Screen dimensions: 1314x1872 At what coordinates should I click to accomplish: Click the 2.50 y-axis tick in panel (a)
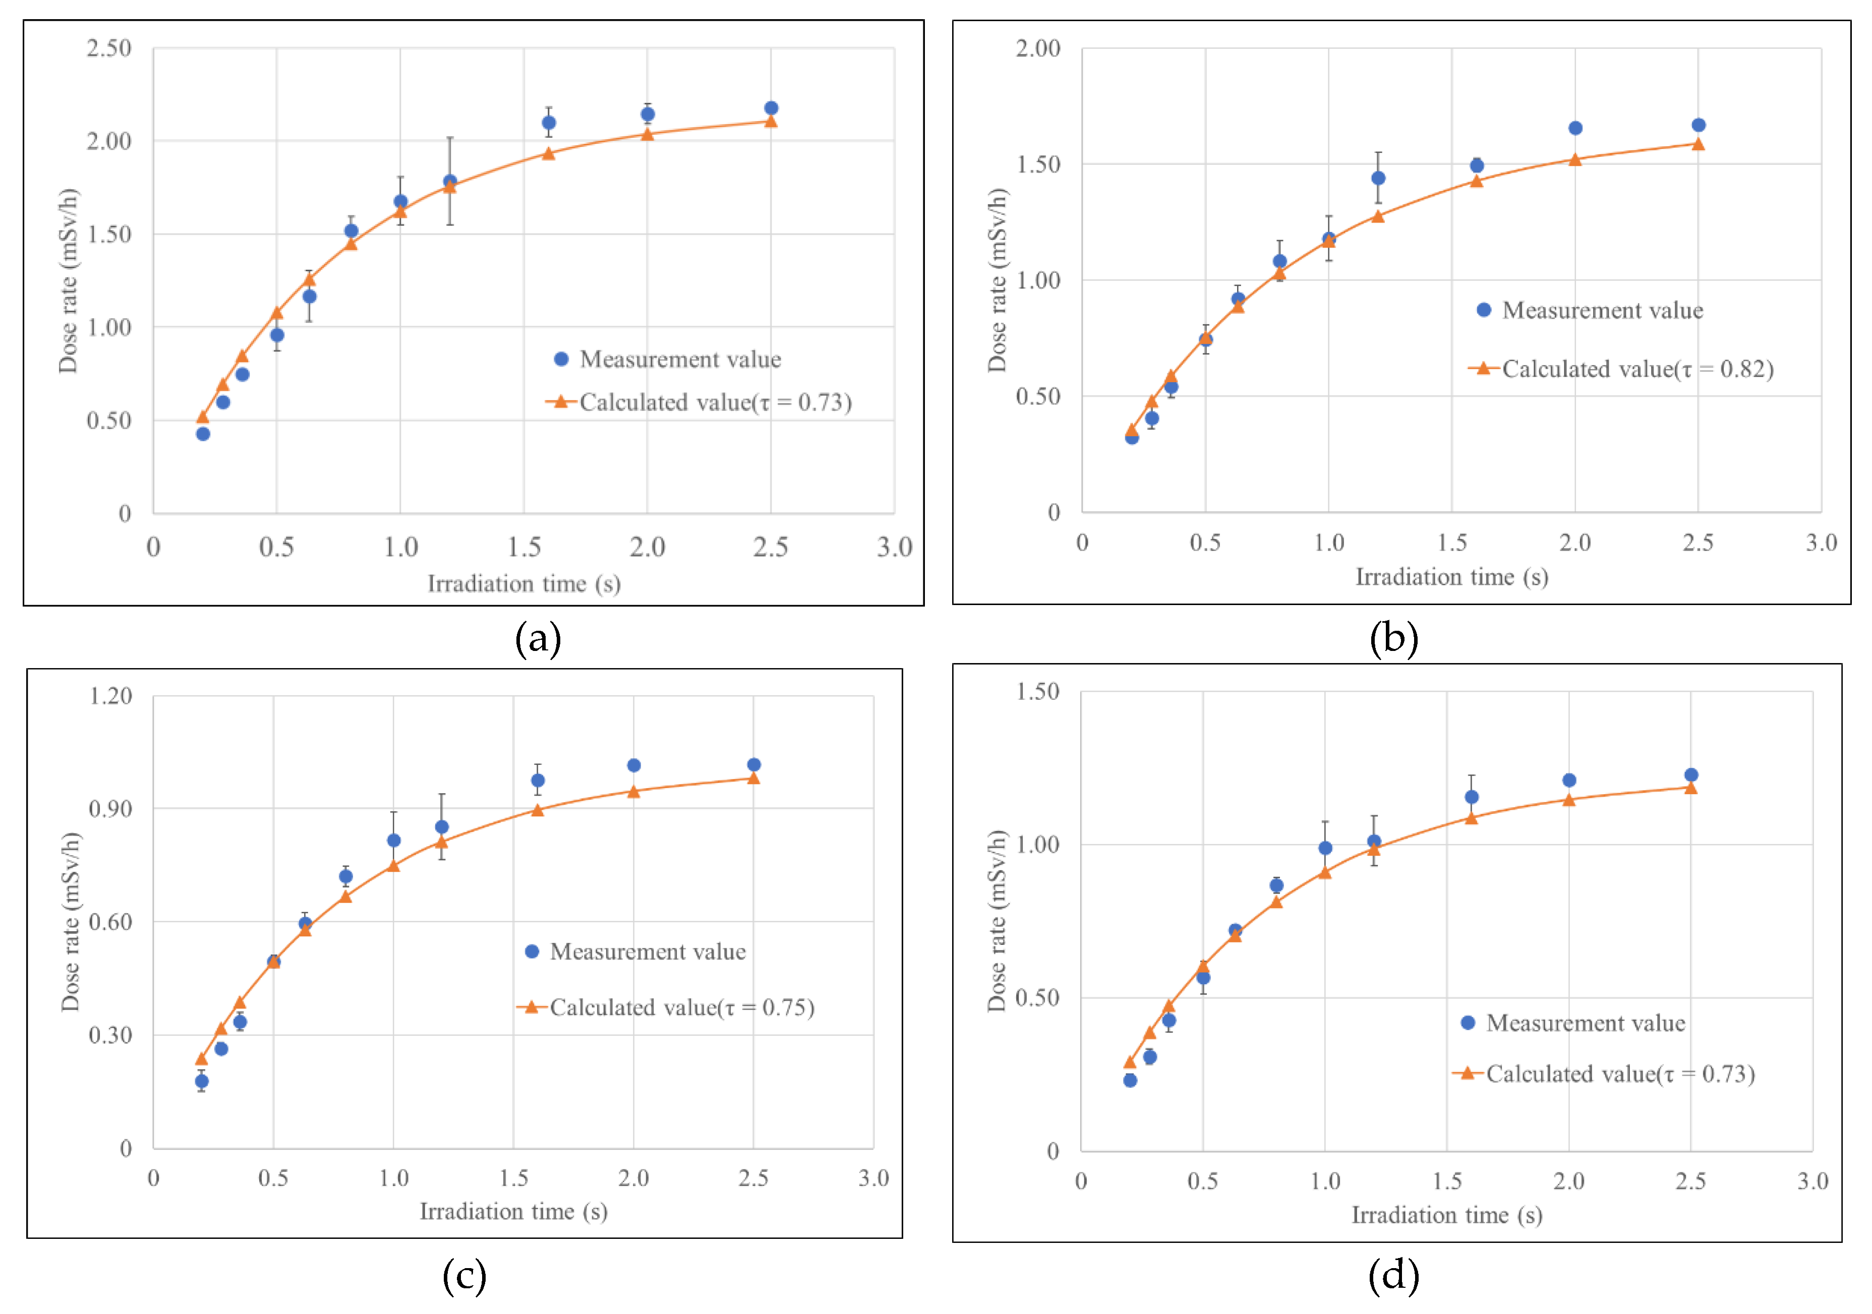point(109,48)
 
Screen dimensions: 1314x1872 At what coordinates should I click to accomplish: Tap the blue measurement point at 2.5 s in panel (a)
point(771,108)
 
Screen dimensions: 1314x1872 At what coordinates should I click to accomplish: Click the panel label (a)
point(538,638)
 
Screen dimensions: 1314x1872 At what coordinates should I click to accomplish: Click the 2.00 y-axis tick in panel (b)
point(1038,48)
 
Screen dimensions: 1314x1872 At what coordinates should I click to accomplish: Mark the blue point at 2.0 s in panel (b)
point(1575,128)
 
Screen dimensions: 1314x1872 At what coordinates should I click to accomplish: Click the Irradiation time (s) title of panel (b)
point(1451,577)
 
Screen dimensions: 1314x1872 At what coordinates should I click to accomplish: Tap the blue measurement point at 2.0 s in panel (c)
point(633,765)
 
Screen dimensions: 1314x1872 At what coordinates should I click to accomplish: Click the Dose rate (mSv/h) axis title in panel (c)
point(71,921)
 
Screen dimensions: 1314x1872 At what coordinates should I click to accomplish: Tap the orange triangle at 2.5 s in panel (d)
point(1690,788)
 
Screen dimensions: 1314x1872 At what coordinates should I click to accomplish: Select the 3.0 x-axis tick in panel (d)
point(1812,1181)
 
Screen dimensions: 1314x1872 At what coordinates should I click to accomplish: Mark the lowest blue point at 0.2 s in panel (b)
point(1132,438)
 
